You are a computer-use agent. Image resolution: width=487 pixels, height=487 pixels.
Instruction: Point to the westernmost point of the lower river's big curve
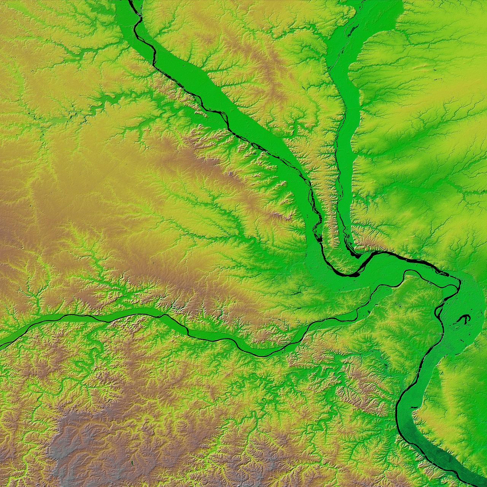click(x=398, y=419)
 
